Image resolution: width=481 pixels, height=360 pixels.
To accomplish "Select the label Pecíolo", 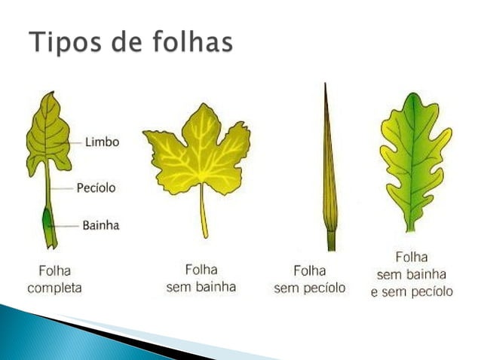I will coord(96,188).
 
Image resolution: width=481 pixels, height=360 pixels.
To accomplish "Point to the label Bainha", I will coord(100,224).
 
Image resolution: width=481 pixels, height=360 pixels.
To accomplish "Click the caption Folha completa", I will coord(54,279).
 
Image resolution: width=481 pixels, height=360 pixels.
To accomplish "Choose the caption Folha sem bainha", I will coord(201,278).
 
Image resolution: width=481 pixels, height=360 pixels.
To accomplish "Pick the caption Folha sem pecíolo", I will coord(309,279).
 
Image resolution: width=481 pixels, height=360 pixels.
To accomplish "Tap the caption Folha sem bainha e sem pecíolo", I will coord(411,274).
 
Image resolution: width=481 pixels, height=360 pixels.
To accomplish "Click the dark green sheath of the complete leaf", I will coord(49,222).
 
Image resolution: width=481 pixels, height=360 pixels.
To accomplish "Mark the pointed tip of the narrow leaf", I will coord(326,86).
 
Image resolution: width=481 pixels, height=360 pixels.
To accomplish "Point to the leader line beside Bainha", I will coord(68,224).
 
